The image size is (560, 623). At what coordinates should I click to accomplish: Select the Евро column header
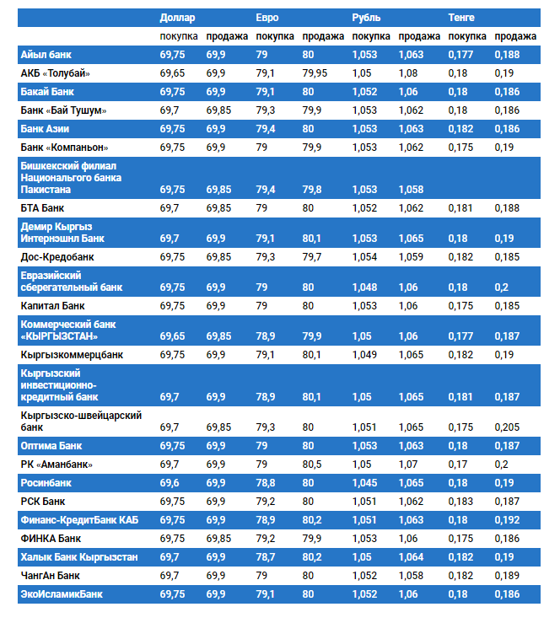click(267, 17)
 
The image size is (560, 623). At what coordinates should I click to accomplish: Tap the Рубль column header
click(365, 17)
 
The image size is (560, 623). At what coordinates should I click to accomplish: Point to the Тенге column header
click(461, 17)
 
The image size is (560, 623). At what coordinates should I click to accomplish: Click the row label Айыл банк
click(46, 55)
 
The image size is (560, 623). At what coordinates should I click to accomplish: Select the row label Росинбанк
click(46, 483)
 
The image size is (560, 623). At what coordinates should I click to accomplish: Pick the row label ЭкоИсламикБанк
click(62, 594)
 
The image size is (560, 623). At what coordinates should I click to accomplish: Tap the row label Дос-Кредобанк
click(57, 256)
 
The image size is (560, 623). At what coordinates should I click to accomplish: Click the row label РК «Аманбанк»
click(57, 465)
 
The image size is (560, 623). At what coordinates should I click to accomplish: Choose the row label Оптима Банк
click(51, 446)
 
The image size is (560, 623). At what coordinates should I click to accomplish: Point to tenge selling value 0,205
click(509, 427)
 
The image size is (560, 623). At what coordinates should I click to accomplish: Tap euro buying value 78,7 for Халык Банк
click(267, 557)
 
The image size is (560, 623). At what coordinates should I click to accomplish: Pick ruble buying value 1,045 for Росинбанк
click(365, 483)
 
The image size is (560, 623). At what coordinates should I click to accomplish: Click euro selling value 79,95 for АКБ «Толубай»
click(315, 73)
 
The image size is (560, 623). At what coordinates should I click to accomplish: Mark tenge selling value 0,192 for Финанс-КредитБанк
click(509, 520)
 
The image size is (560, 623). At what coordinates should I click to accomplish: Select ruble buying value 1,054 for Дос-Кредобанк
click(365, 256)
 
